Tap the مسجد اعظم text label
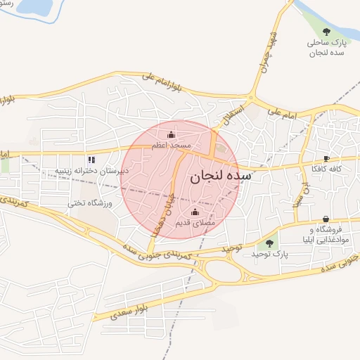click(171, 145)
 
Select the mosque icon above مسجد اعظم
click(171, 134)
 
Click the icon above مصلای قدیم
click(195, 212)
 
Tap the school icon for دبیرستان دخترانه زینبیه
click(91, 160)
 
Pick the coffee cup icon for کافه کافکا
click(326, 159)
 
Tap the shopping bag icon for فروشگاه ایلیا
click(326, 219)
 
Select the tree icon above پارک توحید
click(269, 243)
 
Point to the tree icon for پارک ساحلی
click(326, 31)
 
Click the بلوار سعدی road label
click(127, 311)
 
